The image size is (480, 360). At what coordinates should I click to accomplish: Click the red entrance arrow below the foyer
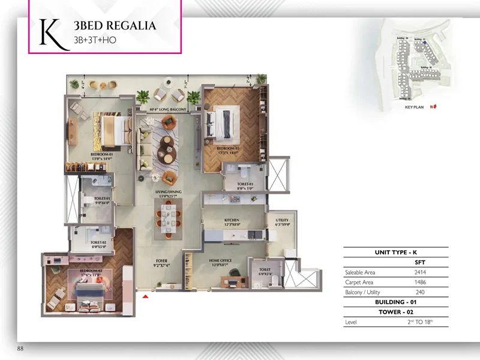[x=145, y=295]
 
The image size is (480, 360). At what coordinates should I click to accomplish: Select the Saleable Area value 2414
[x=420, y=272]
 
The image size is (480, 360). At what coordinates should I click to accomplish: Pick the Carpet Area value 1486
[x=420, y=282]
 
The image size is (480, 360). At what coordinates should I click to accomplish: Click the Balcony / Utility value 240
[x=420, y=292]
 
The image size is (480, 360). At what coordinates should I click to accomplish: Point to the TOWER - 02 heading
[x=396, y=312]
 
